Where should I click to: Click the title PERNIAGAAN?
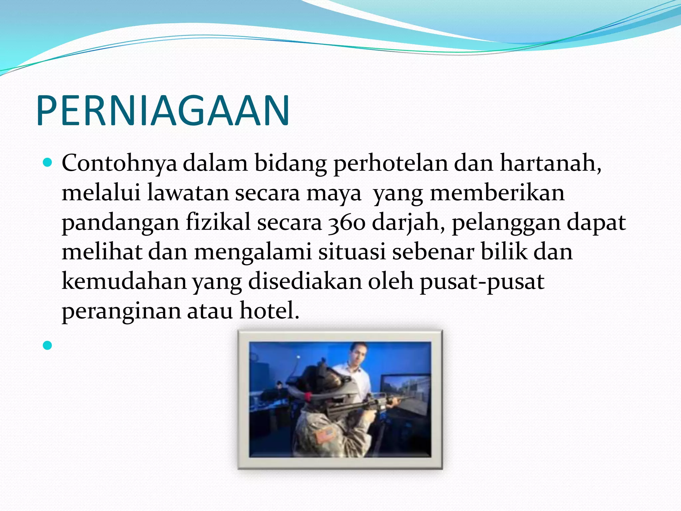click(163, 110)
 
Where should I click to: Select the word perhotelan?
click(391, 163)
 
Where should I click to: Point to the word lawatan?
click(188, 193)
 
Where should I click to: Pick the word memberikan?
click(497, 193)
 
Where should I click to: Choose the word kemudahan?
click(124, 281)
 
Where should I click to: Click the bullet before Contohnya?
click(48, 163)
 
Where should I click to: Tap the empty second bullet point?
click(48, 345)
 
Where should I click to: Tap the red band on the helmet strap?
click(308, 396)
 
